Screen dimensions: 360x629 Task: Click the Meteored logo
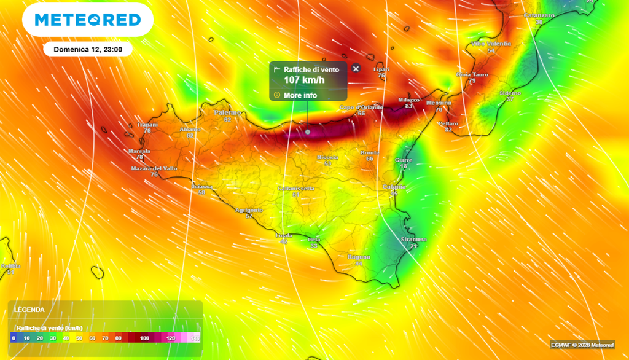(x=88, y=20)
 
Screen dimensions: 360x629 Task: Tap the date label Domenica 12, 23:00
(x=88, y=49)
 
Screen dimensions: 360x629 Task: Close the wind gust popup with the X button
(x=356, y=69)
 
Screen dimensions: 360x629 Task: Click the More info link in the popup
(x=300, y=95)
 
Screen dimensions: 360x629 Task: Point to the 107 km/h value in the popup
(x=303, y=80)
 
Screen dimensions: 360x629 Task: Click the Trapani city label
(x=147, y=125)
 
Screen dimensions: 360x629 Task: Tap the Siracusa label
(x=413, y=239)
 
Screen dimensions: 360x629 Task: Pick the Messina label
(x=439, y=103)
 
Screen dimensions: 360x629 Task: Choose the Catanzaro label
(x=539, y=15)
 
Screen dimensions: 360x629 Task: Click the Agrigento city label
(x=249, y=210)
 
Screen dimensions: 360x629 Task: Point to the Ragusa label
(x=359, y=257)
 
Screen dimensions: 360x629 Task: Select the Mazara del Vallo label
(x=154, y=168)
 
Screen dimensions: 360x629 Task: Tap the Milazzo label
(x=408, y=100)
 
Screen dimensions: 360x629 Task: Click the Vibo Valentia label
(x=491, y=44)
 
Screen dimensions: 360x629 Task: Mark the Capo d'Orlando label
(x=361, y=108)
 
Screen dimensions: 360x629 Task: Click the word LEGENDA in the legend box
(x=29, y=310)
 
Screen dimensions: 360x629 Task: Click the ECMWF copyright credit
(x=582, y=345)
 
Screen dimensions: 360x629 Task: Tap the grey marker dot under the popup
(x=308, y=131)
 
